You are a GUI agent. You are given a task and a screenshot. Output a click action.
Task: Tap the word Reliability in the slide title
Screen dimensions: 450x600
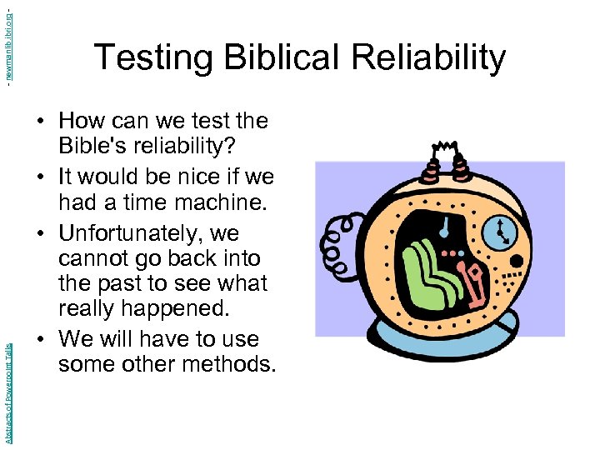tap(429, 58)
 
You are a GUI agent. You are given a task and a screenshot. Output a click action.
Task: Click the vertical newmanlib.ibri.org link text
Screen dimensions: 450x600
tap(7, 42)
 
